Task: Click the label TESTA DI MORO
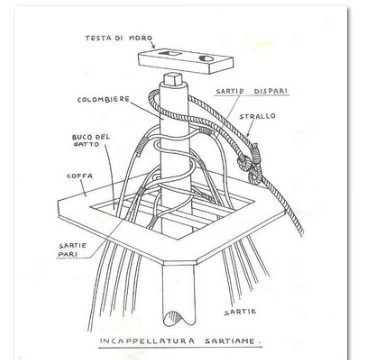[119, 38]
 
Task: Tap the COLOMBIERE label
[103, 100]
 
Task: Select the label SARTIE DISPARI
[252, 91]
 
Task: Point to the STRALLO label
[257, 116]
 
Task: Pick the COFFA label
[80, 176]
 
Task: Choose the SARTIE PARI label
[73, 250]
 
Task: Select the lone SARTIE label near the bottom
[240, 312]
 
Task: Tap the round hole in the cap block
[206, 59]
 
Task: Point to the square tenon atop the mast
[173, 78]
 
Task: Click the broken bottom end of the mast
[178, 318]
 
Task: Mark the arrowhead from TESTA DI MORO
[153, 47]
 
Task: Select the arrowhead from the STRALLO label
[248, 134]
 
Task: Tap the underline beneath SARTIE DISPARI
[252, 96]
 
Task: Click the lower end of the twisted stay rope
[301, 233]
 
